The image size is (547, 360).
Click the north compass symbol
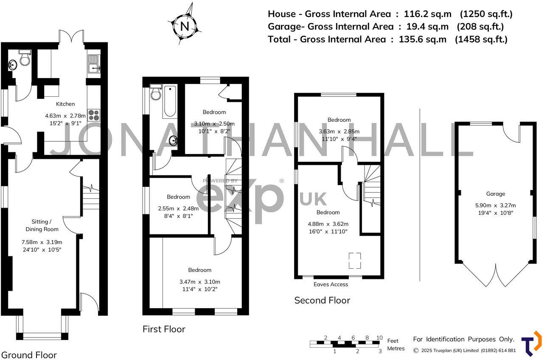pos(185,25)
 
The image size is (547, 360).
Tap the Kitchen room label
pos(65,104)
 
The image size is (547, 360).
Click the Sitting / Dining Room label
pos(42,225)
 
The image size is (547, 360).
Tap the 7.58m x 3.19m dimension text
pos(42,242)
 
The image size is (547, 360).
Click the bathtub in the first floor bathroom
pos(170,101)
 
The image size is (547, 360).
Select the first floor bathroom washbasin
pos(174,141)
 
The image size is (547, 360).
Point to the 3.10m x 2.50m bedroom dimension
pos(214,124)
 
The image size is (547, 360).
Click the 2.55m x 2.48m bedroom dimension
pos(178,208)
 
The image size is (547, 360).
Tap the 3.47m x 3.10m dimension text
pos(200,282)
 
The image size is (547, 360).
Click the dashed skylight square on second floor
pos(355,261)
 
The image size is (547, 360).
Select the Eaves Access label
pos(331,284)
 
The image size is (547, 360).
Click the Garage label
pos(495,194)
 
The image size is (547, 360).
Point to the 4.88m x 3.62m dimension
pos(328,224)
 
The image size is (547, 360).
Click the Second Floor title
pos(322,301)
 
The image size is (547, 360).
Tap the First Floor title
pos(164,329)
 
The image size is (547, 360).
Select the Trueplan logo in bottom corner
pos(531,343)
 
